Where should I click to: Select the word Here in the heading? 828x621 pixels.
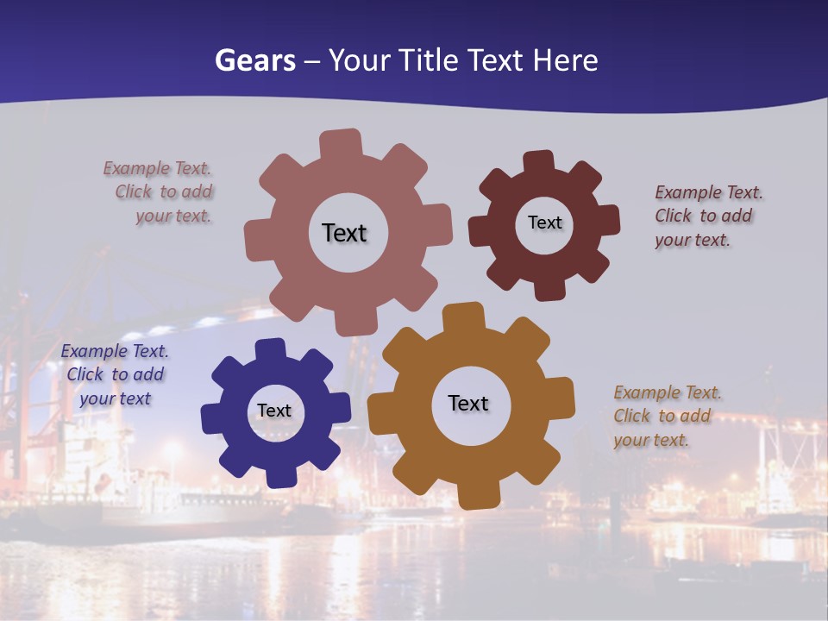565,60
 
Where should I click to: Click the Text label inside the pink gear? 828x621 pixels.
344,233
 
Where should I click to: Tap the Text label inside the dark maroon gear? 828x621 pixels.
544,223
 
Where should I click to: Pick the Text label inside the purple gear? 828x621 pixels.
273,411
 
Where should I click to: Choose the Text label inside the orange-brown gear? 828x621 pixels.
468,403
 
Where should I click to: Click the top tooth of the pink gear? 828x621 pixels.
341,144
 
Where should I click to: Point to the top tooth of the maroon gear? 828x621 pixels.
539,163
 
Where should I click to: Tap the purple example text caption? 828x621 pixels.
115,374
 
